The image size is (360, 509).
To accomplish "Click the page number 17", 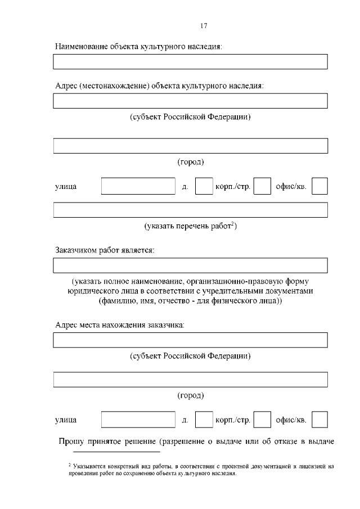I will (x=204, y=25).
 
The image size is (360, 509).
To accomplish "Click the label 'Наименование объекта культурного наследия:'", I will (x=138, y=47).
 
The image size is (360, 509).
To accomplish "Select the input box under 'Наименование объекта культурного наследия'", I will (x=190, y=61).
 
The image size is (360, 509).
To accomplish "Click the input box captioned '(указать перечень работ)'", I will (x=190, y=210).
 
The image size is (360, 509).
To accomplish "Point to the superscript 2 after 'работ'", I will (x=232, y=224).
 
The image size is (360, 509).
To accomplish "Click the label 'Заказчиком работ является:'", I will (x=105, y=250).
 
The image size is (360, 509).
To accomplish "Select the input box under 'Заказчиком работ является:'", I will (x=190, y=265).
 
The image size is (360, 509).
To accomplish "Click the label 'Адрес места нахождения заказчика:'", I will (x=120, y=325).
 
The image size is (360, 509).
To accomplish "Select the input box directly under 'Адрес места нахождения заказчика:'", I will (x=190, y=340).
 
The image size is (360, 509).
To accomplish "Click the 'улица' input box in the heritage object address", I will (x=138, y=186).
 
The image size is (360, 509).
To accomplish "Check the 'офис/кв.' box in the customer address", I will (x=319, y=420).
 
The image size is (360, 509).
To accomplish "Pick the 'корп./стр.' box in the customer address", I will (x=262, y=420).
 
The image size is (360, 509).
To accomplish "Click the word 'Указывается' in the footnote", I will (x=87, y=466).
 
